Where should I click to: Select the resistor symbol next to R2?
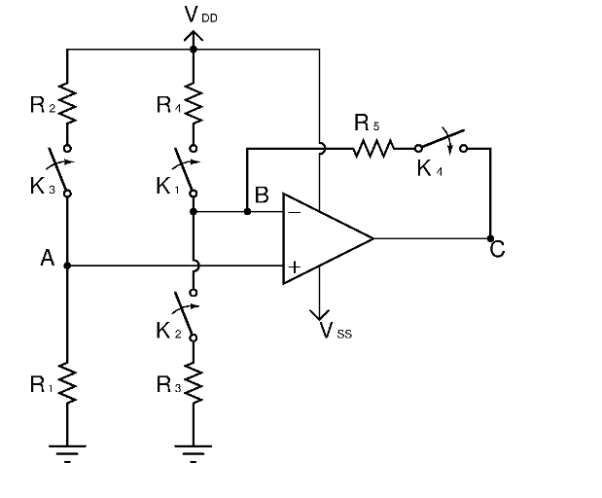coord(67,103)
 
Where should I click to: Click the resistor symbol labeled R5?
coord(373,149)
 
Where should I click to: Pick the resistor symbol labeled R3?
coord(194,385)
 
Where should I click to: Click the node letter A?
coord(46,258)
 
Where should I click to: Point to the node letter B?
coord(261,195)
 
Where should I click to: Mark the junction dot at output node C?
coord(490,237)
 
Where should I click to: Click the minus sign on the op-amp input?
coord(294,210)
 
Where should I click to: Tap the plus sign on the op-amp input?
coord(294,266)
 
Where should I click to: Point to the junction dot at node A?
coord(67,265)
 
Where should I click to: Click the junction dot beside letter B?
coord(247,210)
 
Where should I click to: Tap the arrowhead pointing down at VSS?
coord(319,313)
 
